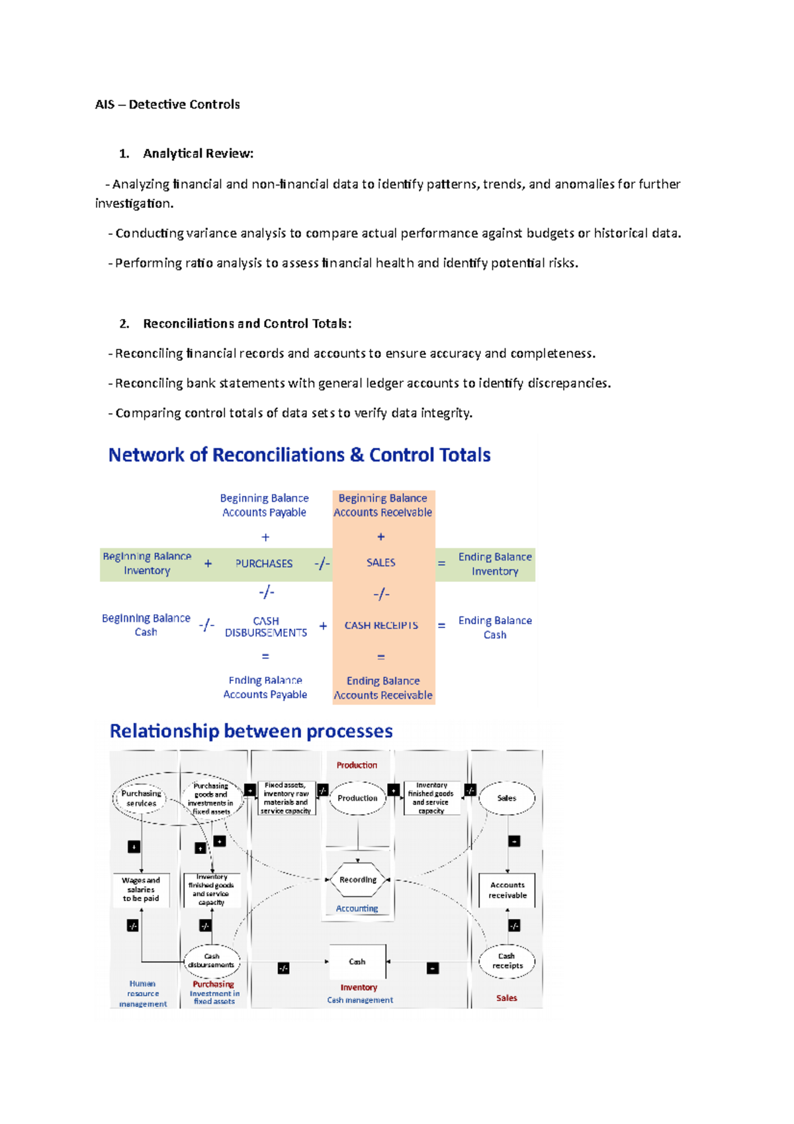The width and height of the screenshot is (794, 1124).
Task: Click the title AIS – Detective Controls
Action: [x=167, y=105]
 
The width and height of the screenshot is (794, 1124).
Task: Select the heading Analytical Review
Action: [x=198, y=154]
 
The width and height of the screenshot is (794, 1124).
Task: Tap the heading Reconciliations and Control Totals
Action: [x=247, y=324]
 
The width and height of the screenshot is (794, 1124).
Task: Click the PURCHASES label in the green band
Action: [x=264, y=563]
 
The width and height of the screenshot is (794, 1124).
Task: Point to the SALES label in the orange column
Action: [x=381, y=563]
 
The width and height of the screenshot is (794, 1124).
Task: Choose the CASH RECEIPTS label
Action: [x=381, y=626]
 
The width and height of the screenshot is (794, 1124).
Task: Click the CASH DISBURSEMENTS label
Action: [x=266, y=627]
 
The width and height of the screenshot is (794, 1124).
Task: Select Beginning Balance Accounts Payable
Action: [x=264, y=505]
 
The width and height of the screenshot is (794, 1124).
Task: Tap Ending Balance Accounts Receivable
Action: [x=383, y=688]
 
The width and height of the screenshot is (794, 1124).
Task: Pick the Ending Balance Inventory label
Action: [x=495, y=564]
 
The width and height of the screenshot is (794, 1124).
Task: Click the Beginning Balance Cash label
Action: [x=146, y=625]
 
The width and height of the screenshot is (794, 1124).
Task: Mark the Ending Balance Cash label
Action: [x=495, y=628]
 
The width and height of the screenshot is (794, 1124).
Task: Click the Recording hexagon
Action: [x=358, y=880]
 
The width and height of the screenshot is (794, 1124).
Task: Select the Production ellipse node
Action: [x=357, y=798]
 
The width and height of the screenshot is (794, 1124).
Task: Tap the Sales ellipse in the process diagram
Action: [x=507, y=798]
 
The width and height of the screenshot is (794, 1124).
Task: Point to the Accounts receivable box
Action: [x=507, y=890]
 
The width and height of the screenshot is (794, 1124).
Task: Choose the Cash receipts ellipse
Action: [x=507, y=961]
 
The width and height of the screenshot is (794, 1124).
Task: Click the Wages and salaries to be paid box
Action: [x=141, y=890]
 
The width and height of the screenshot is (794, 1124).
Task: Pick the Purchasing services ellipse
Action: [x=141, y=798]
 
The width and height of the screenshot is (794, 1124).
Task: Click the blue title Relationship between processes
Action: [x=251, y=731]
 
